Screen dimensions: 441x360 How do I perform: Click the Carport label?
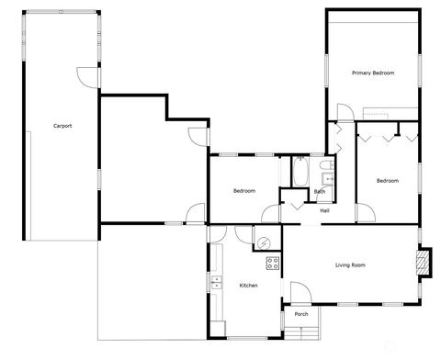pyautogui.click(x=62, y=126)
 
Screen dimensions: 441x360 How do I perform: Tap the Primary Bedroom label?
pyautogui.click(x=373, y=73)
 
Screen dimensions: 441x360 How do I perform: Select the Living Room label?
pyautogui.click(x=350, y=265)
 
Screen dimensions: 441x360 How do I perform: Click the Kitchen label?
pyautogui.click(x=248, y=286)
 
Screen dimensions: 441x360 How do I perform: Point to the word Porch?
pyautogui.click(x=301, y=314)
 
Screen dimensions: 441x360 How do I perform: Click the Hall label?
pyautogui.click(x=324, y=210)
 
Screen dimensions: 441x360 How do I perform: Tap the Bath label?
pyautogui.click(x=320, y=192)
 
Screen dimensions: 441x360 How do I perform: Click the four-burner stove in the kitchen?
pyautogui.click(x=273, y=264)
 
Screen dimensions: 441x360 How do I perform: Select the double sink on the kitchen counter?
pyautogui.click(x=217, y=283)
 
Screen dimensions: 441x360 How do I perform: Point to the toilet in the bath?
pyautogui.click(x=327, y=165)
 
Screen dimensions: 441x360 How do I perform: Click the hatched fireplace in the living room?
pyautogui.click(x=422, y=263)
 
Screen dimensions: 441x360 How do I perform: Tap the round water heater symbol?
pyautogui.click(x=264, y=243)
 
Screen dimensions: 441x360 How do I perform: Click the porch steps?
pyautogui.click(x=302, y=333)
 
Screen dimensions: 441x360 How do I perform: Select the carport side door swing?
pyautogui.click(x=87, y=77)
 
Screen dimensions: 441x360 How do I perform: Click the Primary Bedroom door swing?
pyautogui.click(x=345, y=112)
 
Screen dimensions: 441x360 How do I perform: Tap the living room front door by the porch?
pyautogui.click(x=300, y=293)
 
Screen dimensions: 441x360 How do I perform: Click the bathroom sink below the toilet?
pyautogui.click(x=327, y=178)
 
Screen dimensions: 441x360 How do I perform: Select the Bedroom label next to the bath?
pyautogui.click(x=244, y=191)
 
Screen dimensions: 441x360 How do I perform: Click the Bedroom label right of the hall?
pyautogui.click(x=388, y=181)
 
